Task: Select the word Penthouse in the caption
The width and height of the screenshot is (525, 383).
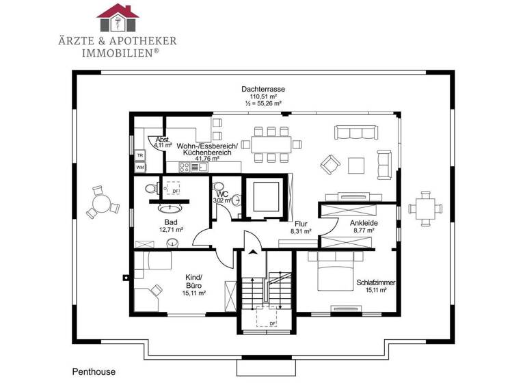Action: tap(94, 372)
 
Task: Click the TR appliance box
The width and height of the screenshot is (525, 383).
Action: tap(139, 155)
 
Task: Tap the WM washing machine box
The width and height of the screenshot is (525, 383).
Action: tap(139, 167)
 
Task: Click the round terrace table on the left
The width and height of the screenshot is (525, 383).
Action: tap(102, 203)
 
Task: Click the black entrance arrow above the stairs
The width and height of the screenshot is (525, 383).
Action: tap(254, 253)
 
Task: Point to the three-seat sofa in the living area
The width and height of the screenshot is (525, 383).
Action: tap(353, 132)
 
